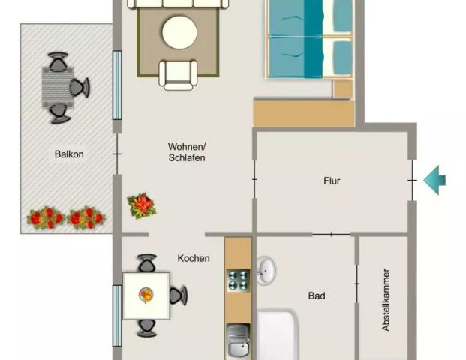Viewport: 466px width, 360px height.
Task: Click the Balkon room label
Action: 68,154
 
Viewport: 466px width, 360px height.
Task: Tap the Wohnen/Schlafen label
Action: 187,152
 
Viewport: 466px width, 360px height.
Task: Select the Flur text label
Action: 332,181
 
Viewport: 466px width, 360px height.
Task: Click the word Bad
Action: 317,296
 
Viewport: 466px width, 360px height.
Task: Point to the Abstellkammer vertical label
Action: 386,300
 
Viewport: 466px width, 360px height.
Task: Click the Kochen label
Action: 194,258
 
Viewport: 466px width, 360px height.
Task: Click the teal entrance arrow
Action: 434,180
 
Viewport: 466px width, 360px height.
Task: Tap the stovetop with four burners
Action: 238,280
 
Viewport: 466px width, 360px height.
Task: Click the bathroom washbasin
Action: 266,271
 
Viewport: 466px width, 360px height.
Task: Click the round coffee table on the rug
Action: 179,32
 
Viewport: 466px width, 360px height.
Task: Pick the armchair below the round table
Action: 179,73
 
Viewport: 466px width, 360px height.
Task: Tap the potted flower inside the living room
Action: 141,204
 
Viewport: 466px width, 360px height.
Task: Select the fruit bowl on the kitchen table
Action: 146,295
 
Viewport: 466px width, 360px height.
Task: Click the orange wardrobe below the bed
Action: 303,113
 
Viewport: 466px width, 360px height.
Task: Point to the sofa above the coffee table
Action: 178,4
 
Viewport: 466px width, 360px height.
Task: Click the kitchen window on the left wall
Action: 117,315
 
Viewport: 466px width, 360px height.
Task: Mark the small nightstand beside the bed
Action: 343,88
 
